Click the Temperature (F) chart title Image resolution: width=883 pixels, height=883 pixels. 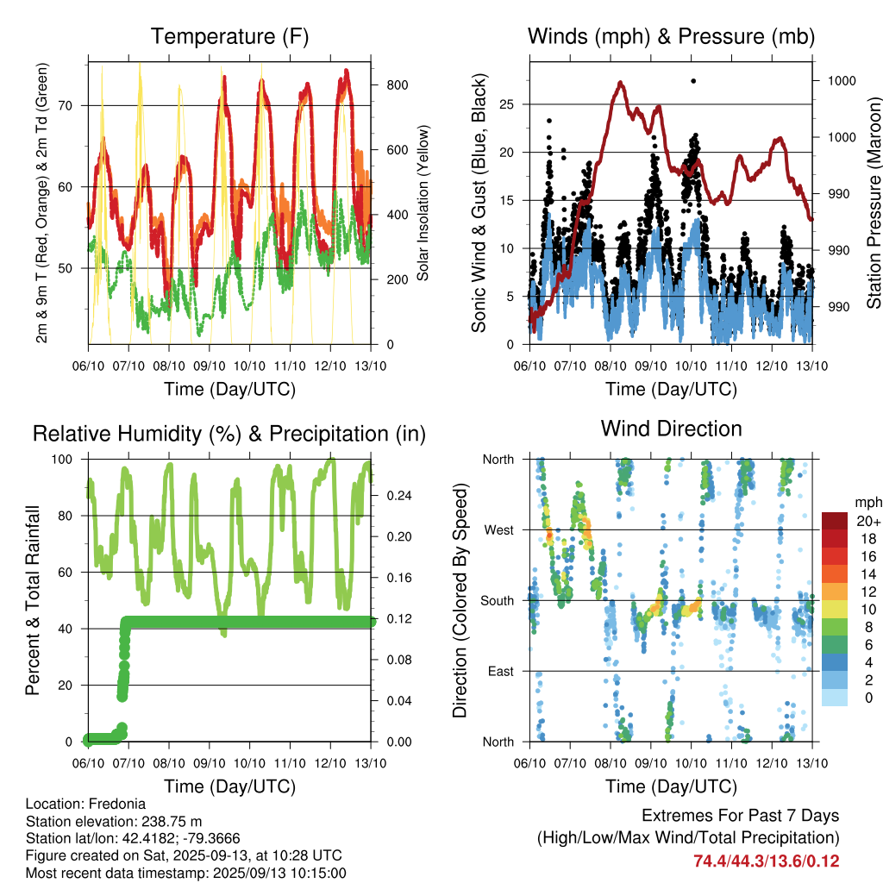pos(229,36)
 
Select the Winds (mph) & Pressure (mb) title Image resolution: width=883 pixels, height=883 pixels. pos(671,36)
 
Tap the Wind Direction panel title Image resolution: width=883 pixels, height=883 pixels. pos(671,429)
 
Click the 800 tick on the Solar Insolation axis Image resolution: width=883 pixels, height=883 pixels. pos(397,85)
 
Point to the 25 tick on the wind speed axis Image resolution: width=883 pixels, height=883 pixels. pos(506,104)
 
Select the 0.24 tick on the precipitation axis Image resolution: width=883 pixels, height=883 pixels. pos(399,496)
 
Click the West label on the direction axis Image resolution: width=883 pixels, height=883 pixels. pos(499,530)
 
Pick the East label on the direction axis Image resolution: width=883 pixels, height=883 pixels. pos(501,671)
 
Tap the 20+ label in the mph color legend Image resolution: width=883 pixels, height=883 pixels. pos(868,521)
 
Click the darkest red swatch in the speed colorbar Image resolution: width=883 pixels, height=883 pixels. pos(835,521)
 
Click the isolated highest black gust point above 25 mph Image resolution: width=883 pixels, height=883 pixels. pos(693,81)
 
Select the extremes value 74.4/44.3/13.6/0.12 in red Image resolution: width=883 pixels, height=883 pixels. pos(766,861)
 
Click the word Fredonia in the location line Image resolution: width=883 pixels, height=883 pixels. pos(117,804)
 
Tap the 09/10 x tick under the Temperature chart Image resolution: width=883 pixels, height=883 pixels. pos(209,366)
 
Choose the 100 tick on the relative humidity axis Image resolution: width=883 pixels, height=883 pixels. pos(62,459)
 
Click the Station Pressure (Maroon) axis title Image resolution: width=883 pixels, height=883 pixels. pos(874,203)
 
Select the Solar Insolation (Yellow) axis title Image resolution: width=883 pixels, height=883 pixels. pos(423,203)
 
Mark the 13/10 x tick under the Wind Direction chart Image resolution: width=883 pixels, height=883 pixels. pos(812,763)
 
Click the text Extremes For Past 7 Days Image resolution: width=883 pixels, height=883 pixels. pos(741,816)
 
